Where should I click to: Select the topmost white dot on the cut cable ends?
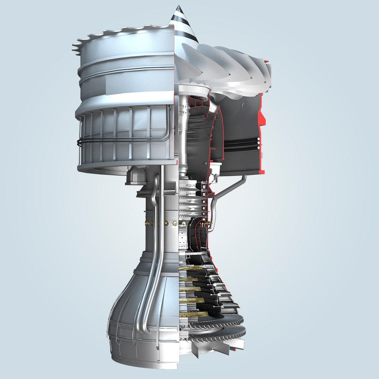(x=259, y=139)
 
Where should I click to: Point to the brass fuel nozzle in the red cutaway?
(x=208, y=223)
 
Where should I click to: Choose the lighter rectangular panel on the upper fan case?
(x=140, y=84)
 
